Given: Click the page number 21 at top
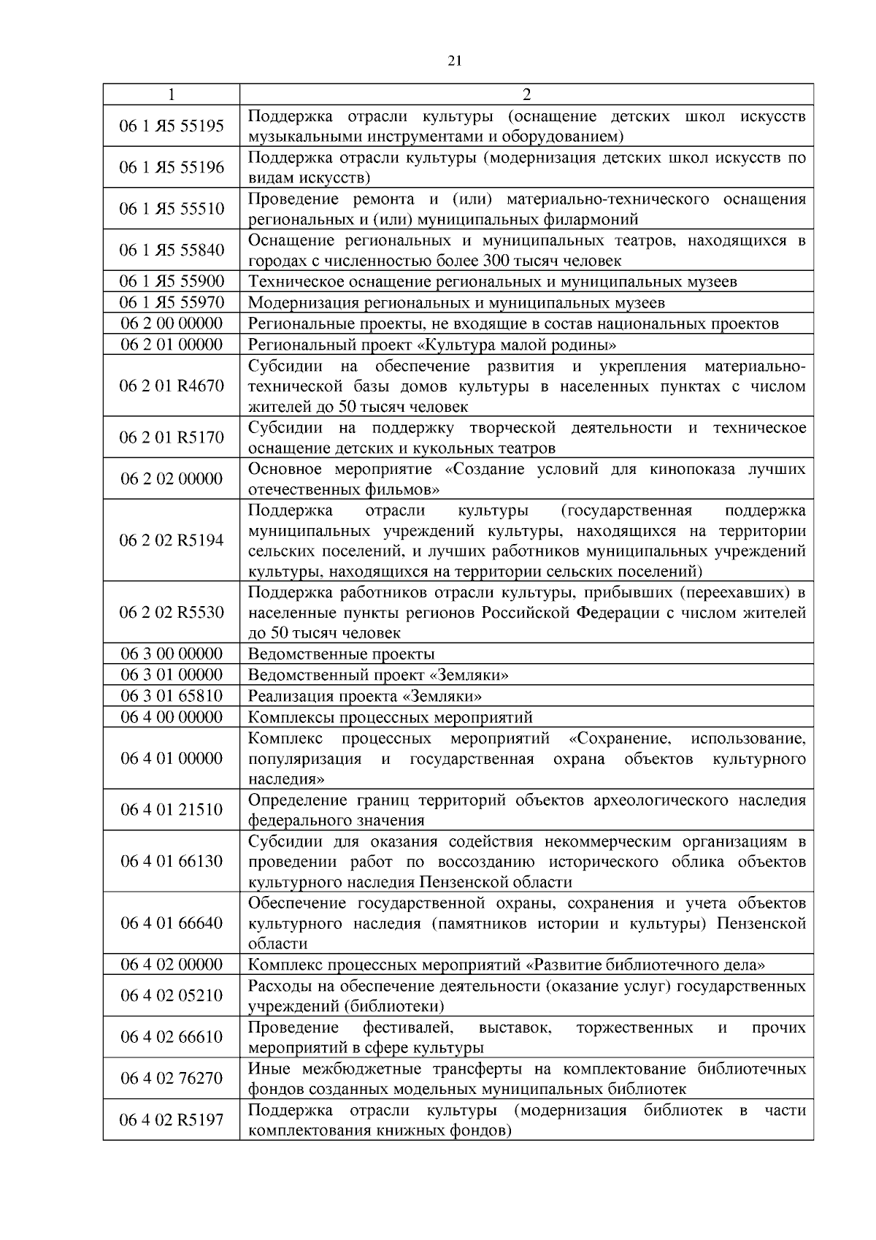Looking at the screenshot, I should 454,61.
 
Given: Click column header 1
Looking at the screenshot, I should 171,94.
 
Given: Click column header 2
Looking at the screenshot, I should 526,94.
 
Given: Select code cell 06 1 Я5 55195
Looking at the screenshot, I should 172,126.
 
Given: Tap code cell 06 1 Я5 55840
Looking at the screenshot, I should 172,250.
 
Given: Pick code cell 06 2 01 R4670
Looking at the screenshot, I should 172,386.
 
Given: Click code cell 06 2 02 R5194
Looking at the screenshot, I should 172,540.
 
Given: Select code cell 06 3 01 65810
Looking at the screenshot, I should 172,696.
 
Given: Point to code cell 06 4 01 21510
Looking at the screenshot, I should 172,810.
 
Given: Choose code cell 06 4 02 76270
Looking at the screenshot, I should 172,1079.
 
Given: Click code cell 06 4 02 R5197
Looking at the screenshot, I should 172,1120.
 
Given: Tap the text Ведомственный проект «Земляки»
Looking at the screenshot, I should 378,675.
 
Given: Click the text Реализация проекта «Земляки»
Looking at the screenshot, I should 364,696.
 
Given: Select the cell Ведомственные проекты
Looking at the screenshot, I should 341,654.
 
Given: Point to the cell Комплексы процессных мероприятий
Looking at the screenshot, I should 390,717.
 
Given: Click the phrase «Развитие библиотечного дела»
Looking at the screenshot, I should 645,965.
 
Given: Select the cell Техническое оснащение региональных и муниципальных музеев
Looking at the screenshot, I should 492,282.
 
